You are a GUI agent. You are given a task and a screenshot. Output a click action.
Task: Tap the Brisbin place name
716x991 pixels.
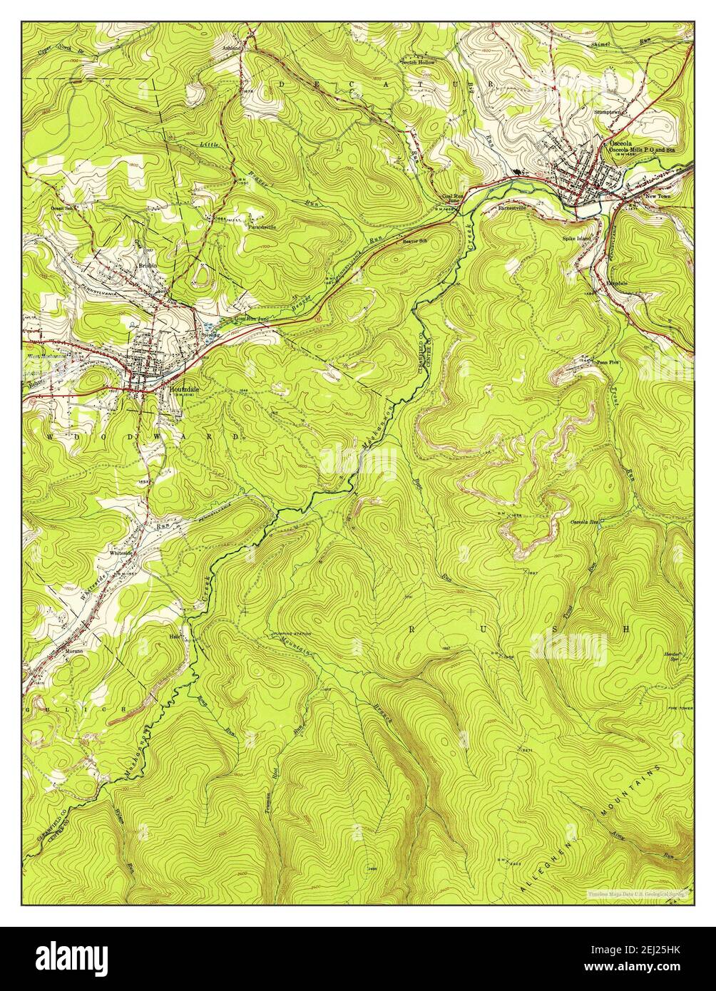(148, 264)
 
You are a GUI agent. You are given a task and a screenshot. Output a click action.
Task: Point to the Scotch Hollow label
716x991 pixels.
(417, 63)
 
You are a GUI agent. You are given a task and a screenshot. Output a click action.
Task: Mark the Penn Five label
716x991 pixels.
(608, 362)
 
